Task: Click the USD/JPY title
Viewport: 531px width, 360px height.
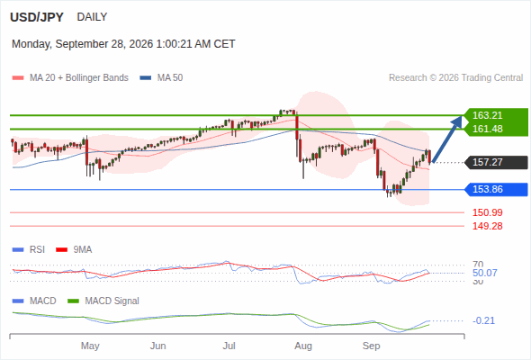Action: tap(37, 17)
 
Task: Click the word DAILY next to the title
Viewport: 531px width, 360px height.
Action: tap(92, 16)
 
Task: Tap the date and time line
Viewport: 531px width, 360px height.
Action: tap(123, 44)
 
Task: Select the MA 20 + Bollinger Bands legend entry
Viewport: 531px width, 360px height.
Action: tap(70, 78)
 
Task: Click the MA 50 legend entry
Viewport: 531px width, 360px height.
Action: tap(161, 78)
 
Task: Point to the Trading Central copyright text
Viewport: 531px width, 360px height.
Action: tap(455, 78)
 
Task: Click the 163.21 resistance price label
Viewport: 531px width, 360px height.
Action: tap(487, 115)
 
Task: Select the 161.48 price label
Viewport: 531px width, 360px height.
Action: tap(487, 129)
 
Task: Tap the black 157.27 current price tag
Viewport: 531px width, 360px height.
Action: tap(497, 162)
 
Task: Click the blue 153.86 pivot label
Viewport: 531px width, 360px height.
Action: tap(497, 189)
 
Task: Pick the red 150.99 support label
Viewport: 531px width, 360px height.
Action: tap(487, 212)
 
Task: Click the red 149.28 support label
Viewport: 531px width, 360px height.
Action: tap(487, 226)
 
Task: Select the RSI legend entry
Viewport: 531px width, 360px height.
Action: tap(29, 250)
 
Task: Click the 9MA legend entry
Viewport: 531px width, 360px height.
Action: tap(74, 250)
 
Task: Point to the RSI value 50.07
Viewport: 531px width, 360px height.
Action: tap(484, 273)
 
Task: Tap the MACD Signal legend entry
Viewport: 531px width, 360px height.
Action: tap(103, 301)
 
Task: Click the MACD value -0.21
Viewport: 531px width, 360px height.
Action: tap(483, 320)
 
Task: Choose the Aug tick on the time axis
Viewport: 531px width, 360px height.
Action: tap(303, 346)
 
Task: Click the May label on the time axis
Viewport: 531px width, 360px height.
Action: tap(90, 346)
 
